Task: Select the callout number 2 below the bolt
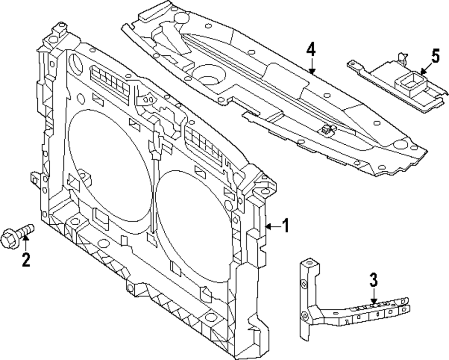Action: pos(26,259)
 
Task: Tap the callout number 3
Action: pos(374,280)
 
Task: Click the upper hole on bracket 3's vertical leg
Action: pos(304,284)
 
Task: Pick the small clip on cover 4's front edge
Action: pos(326,130)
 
